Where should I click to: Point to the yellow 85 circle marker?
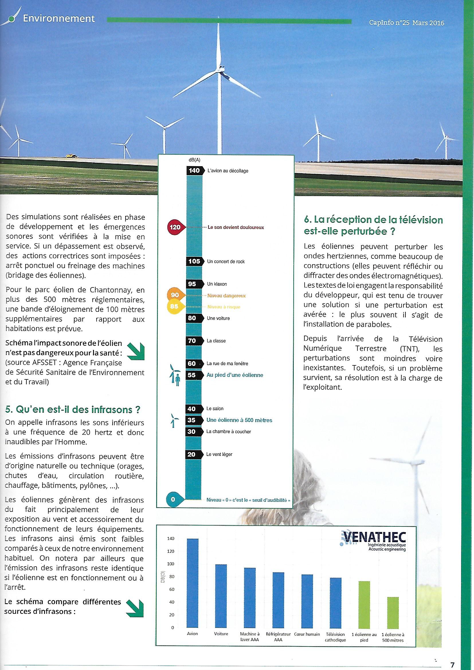174,307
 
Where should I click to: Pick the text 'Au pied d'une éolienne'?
235,375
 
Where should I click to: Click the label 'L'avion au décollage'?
228,171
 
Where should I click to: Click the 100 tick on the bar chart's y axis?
171,564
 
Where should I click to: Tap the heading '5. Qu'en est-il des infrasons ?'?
73,410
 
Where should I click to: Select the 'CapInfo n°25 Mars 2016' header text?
406,22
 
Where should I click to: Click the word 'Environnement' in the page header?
59,19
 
